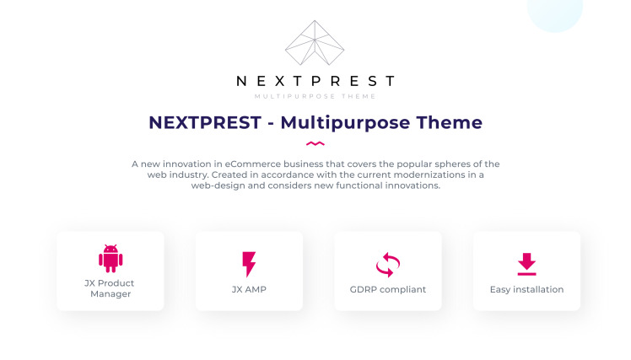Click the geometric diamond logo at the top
[315, 43]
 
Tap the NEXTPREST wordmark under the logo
[315, 81]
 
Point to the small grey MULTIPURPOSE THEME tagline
[315, 96]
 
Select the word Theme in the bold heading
[449, 122]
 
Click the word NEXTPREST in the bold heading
[205, 122]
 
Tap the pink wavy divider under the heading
[315, 143]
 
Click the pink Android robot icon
[111, 258]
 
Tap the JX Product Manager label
[110, 288]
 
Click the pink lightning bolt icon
[249, 264]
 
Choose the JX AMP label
[249, 290]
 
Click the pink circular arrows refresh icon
[388, 265]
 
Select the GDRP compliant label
[388, 290]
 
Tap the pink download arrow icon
[526, 264]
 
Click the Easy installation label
[526, 290]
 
